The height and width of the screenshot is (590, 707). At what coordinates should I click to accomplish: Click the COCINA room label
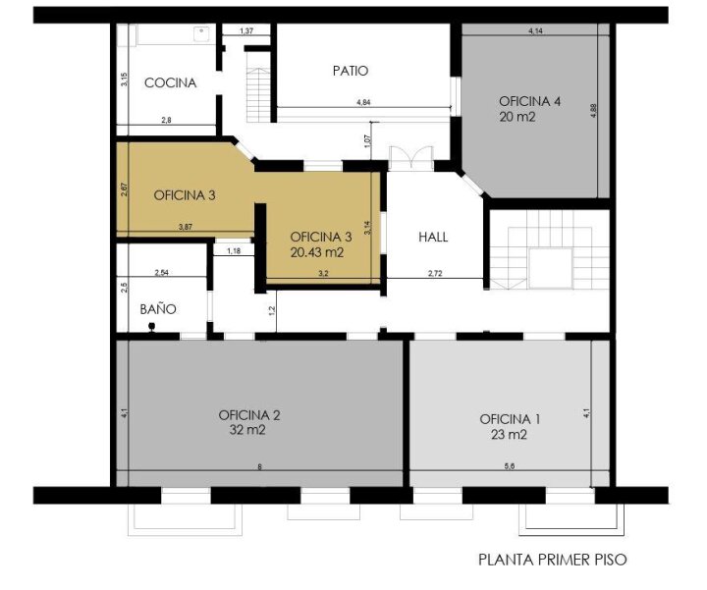(x=171, y=82)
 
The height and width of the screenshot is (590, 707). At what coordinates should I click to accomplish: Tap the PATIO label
(x=351, y=71)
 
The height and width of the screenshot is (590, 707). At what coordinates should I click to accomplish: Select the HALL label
(x=433, y=237)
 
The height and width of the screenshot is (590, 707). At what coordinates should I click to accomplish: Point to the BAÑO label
(x=158, y=309)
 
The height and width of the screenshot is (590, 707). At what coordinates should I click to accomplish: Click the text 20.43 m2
(x=317, y=252)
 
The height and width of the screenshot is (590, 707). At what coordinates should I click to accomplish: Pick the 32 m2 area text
(x=247, y=430)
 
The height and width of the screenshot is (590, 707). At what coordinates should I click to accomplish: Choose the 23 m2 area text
(x=509, y=435)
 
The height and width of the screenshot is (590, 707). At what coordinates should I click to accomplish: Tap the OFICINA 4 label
(x=530, y=101)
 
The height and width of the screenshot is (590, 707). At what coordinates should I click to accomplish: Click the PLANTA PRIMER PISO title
(x=552, y=560)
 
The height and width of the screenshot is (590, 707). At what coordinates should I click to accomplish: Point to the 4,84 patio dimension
(x=363, y=102)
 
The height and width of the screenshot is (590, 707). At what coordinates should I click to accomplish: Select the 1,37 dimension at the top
(x=246, y=31)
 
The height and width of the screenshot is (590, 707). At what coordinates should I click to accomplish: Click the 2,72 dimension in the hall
(x=435, y=273)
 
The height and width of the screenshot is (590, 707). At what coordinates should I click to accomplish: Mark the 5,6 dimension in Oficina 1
(x=509, y=466)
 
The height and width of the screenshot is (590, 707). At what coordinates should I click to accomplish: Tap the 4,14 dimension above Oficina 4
(x=535, y=31)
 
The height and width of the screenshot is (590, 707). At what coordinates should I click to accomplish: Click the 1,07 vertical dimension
(x=367, y=141)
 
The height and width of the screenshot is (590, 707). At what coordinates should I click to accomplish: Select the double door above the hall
(x=410, y=158)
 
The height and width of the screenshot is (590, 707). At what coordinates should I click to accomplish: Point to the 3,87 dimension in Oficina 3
(x=186, y=227)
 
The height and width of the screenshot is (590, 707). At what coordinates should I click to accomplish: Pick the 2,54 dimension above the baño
(x=161, y=272)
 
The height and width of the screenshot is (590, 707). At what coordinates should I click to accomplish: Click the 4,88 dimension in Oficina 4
(x=593, y=111)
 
